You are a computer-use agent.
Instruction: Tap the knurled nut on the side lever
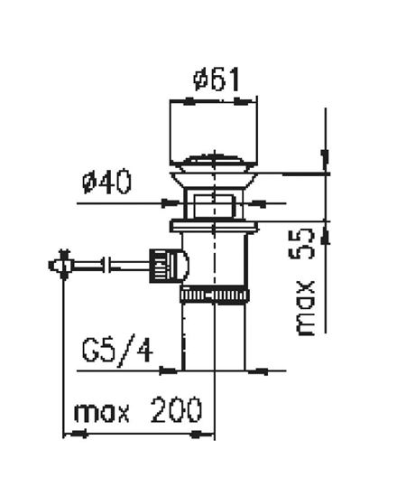point(161,265)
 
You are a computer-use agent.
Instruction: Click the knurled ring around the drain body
point(215,295)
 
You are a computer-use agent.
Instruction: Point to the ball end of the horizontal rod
point(62,265)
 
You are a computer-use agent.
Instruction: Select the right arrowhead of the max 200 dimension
point(209,435)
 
